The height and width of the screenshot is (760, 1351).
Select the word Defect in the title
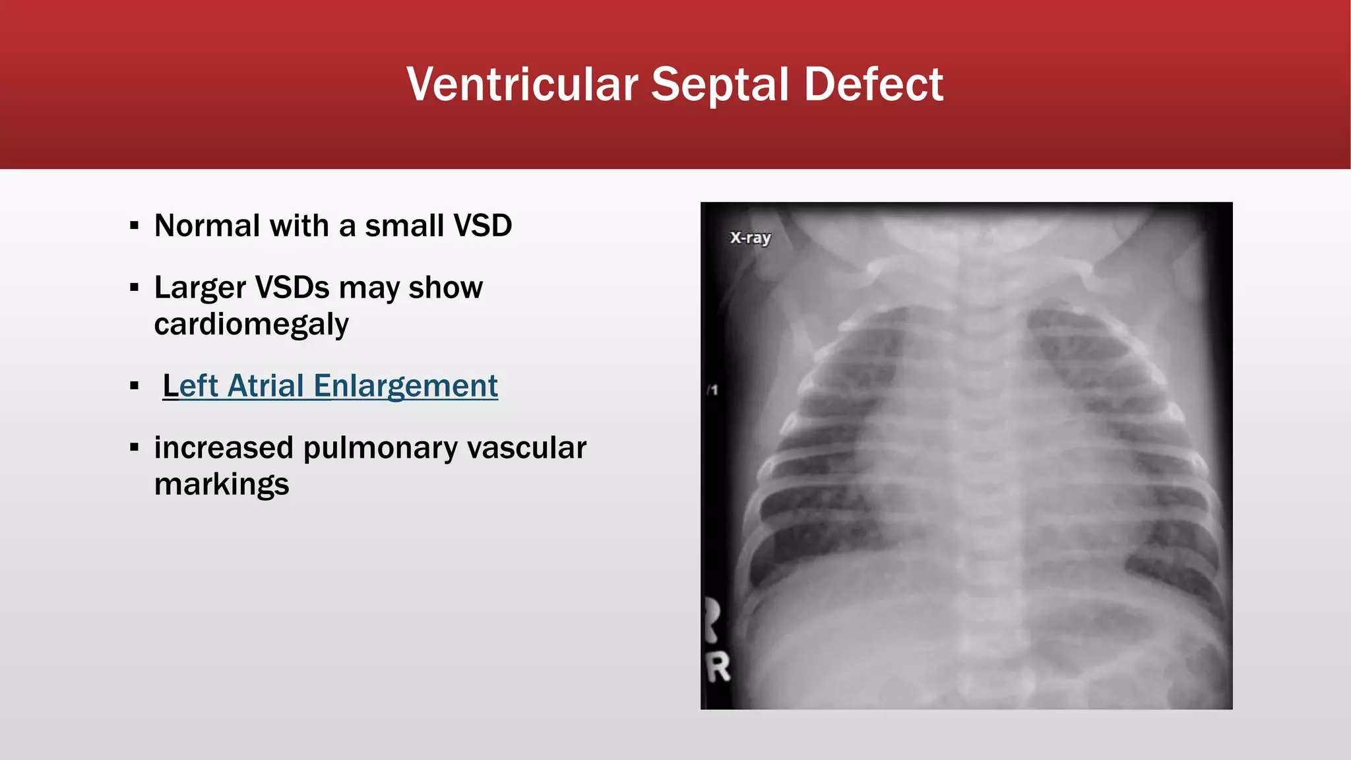[873, 84]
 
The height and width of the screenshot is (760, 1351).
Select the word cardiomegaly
[251, 325]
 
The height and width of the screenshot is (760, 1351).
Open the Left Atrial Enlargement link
[330, 386]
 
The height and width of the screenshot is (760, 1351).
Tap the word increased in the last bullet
[224, 448]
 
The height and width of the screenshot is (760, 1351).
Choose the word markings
[222, 485]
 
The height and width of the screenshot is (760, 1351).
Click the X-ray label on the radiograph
[750, 237]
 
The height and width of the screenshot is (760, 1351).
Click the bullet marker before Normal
[135, 226]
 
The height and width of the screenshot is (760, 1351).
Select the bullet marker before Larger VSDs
[135, 288]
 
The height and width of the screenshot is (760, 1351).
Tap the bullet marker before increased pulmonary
[135, 448]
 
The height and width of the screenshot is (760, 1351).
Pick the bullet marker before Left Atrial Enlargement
[135, 386]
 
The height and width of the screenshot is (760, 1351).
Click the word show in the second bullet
[445, 288]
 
